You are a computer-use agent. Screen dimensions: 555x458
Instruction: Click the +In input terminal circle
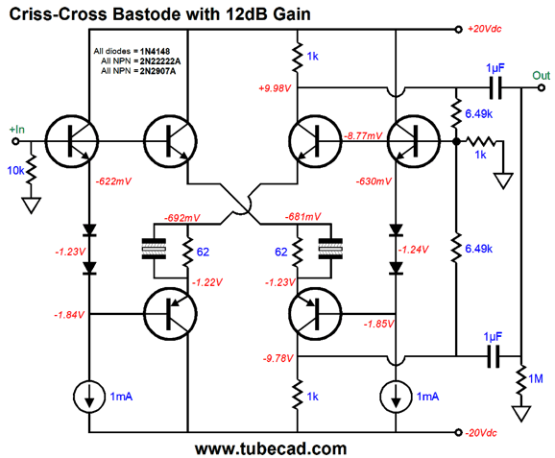coord(15,141)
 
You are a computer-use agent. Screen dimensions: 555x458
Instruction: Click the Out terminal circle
coord(542,87)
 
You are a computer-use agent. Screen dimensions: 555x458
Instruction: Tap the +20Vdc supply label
coord(485,29)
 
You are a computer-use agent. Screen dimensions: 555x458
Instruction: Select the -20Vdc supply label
coord(481,433)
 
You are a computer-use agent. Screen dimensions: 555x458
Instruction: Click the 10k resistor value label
coord(15,171)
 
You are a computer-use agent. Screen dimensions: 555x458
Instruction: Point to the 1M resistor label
coord(536,379)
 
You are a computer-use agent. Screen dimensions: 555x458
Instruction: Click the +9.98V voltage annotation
coord(275,88)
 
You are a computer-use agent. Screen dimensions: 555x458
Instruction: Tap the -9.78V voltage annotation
coord(278,358)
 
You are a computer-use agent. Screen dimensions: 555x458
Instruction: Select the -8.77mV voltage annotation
coord(363,135)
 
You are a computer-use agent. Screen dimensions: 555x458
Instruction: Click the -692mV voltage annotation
coord(181,217)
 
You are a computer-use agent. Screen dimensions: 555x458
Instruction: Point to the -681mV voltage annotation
coord(303,216)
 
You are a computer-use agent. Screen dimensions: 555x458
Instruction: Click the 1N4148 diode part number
coord(155,51)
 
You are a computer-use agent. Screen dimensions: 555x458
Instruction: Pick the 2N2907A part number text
coord(157,71)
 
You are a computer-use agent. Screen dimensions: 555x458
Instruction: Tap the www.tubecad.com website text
coord(271,448)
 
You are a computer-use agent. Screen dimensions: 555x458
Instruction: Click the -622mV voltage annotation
coord(113,181)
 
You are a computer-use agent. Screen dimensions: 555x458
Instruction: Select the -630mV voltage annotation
coord(374,181)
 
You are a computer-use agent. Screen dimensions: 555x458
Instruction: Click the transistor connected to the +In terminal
coord(71,141)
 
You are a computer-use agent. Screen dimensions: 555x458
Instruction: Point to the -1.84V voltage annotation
coord(69,315)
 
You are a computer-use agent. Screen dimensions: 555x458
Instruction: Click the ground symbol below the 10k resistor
coord(31,205)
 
